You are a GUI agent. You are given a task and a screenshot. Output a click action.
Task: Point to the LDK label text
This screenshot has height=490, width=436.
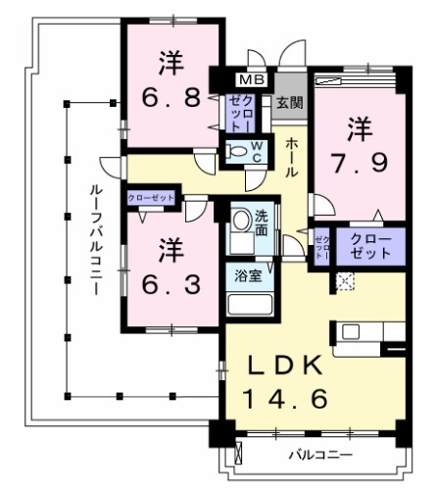pos(284,367)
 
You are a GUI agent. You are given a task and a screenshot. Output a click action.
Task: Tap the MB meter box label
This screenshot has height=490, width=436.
pos(253,79)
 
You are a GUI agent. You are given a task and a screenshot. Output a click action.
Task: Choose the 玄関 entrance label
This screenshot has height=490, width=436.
pos(288,101)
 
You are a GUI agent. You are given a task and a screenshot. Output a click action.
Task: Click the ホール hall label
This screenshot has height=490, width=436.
pos(293,157)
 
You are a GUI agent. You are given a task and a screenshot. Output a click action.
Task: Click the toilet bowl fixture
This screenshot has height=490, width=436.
pos(236,152)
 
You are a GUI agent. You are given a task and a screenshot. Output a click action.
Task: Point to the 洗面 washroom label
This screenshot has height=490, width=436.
pos(263,224)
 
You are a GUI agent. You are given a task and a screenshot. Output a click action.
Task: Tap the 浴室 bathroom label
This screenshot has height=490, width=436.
pos(248,275)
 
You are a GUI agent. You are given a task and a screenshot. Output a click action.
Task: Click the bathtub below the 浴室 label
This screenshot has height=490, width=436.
pos(248,301)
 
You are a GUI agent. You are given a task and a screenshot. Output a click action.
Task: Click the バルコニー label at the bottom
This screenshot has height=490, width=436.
pos(319,456)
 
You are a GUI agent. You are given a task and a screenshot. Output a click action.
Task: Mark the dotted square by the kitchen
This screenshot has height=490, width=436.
pos(343,281)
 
